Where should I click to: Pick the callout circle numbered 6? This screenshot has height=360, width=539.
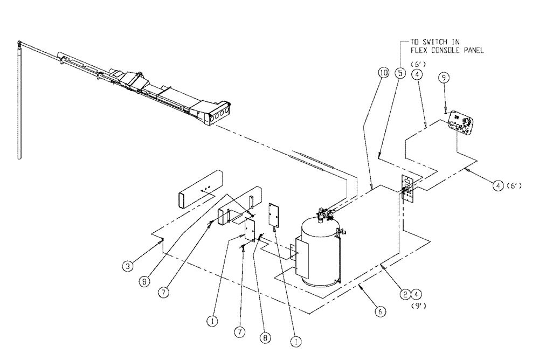pos(381,311)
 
